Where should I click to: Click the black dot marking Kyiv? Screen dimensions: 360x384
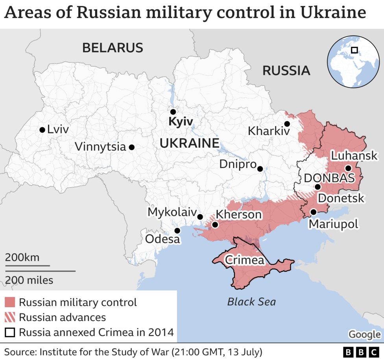click(173, 112)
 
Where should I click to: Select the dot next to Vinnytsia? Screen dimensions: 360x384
click(132, 147)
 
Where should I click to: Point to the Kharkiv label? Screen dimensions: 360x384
click(269, 131)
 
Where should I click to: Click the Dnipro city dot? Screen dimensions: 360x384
click(260, 169)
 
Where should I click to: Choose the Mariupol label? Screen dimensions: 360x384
click(333, 224)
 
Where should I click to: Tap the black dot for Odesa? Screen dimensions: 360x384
click(177, 231)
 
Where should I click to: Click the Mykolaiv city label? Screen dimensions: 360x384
click(172, 212)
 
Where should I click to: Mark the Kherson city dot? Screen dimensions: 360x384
click(215, 225)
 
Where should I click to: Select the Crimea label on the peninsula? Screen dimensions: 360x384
click(244, 260)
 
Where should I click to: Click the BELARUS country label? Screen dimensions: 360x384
click(113, 48)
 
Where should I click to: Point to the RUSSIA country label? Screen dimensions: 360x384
click(286, 71)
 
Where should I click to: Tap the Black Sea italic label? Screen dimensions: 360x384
click(251, 302)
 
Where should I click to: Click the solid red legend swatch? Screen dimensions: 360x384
click(11, 302)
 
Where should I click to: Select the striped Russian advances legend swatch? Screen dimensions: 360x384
click(11, 317)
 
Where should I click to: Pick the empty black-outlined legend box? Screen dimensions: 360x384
click(11, 332)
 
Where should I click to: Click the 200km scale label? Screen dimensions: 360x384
click(22, 258)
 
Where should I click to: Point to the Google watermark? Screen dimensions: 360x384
click(364, 334)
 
